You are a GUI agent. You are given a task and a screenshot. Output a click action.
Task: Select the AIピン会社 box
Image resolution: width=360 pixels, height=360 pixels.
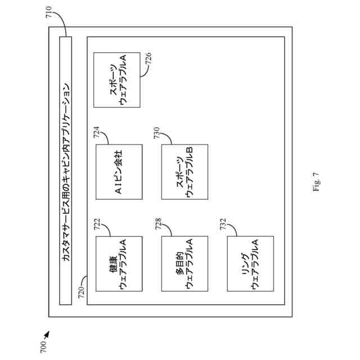point(119,172)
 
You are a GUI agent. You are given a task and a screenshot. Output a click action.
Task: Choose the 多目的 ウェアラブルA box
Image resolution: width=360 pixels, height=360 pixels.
point(184,264)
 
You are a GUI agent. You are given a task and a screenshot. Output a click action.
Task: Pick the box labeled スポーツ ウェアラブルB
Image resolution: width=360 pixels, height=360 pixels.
point(184,172)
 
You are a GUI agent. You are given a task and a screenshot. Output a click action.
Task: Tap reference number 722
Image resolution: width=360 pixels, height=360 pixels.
point(97,226)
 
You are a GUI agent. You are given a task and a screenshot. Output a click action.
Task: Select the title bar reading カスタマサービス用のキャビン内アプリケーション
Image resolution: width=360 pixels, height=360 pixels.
point(66,170)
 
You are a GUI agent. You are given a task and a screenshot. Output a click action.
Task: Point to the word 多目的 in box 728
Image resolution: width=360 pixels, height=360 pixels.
point(178,264)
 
